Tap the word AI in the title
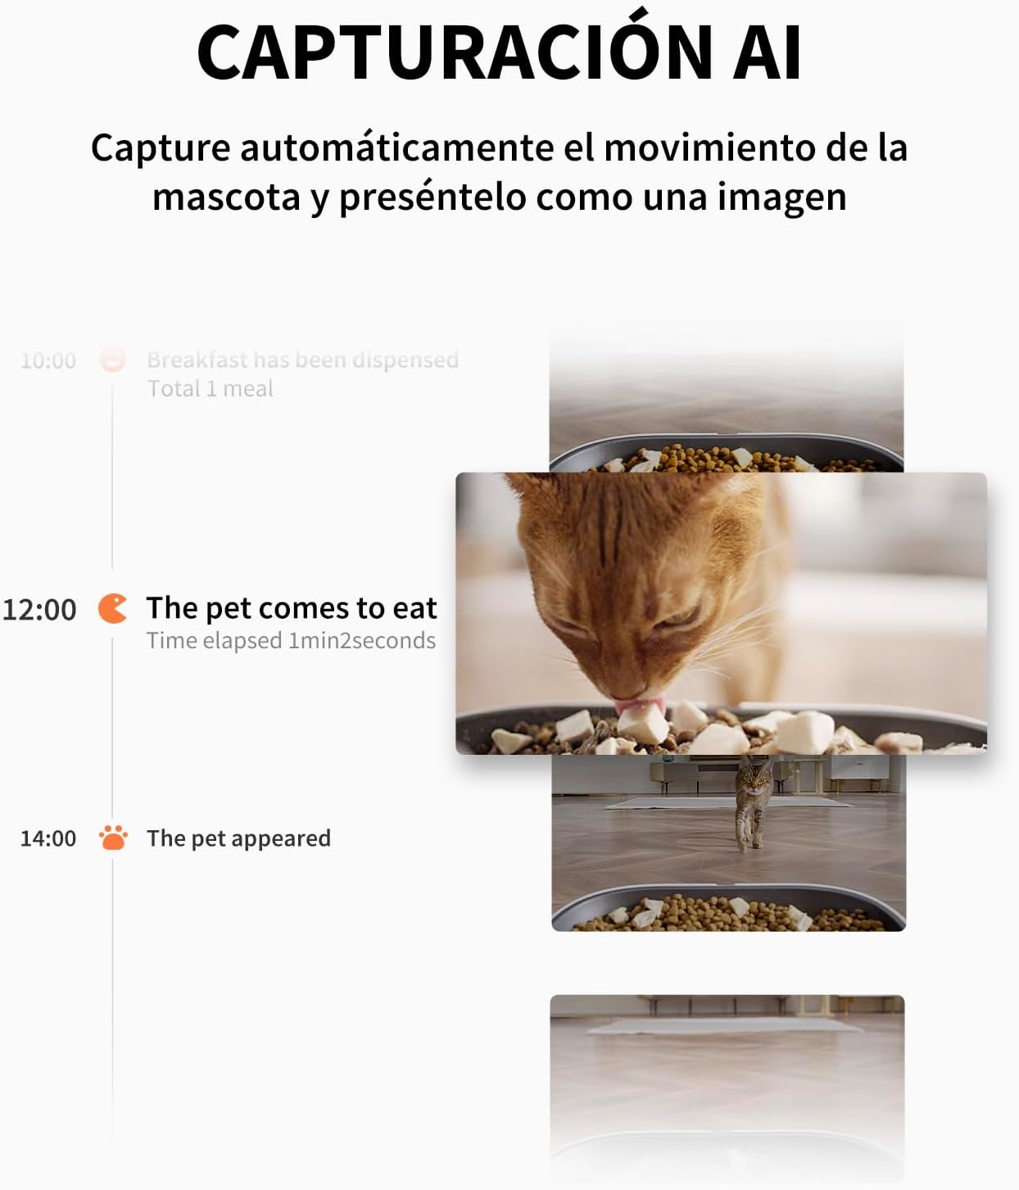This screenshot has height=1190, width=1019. pos(767,52)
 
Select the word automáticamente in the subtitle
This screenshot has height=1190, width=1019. pos(397,148)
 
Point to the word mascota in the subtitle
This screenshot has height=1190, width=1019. pos(226,198)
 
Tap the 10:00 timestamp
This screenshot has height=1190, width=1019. pos(48,361)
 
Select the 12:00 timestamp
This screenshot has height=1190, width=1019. pos(39,609)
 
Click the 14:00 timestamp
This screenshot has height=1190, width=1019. pos(48,838)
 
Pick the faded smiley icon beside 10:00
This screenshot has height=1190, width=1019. pos(112,358)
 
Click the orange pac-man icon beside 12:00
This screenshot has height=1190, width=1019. pos(111,609)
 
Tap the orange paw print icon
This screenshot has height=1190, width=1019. pos(113,838)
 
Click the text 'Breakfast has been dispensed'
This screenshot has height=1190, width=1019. pos(302,360)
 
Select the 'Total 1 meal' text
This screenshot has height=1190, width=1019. pos(211,388)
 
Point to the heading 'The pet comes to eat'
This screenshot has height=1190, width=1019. pos(292,609)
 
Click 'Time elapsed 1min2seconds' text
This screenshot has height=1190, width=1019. pos(291,641)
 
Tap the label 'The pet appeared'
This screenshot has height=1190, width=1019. pos(239,838)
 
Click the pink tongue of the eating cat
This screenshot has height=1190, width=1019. pos(639,706)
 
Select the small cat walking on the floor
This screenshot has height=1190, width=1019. pos(753,804)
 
